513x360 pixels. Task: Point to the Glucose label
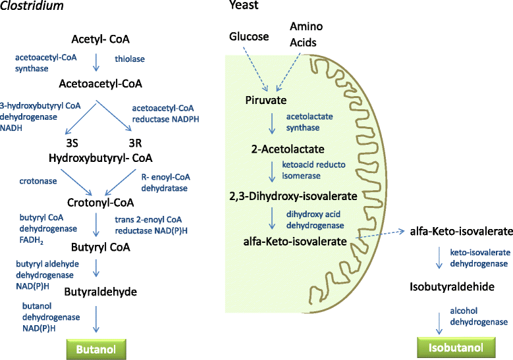coord(249,36)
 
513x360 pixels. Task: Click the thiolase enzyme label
coord(130,59)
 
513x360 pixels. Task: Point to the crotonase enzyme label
coord(37,179)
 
